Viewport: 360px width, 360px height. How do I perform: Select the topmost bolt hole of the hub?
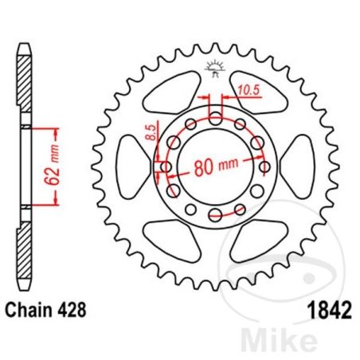[x=217, y=118]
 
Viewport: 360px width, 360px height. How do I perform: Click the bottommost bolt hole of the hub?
[x=217, y=214]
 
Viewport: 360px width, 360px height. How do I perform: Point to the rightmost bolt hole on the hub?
[x=265, y=166]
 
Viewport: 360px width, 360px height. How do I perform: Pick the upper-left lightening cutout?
[x=176, y=90]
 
